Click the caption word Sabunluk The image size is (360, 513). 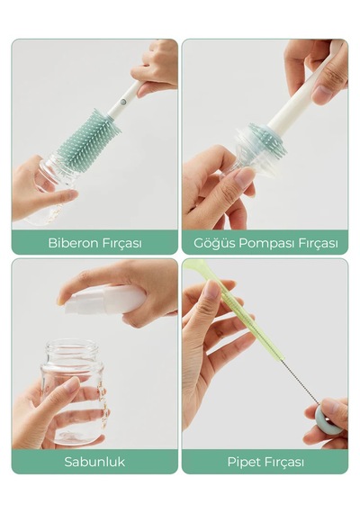coord(94,462)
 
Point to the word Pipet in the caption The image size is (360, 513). coord(242,463)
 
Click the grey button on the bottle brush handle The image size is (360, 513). coord(123,102)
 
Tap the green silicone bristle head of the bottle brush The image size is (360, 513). coord(87,134)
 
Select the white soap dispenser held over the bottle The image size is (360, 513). coord(104,299)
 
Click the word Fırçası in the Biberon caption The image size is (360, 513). coord(122,243)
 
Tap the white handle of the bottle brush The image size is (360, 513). coord(125,98)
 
